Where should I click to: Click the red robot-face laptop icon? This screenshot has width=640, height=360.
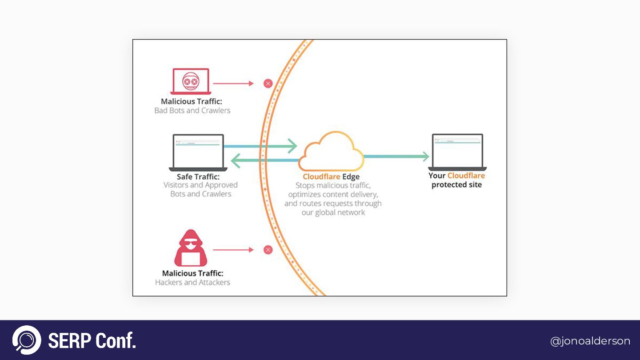point(190,81)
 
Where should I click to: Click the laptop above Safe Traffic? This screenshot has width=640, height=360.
point(198,152)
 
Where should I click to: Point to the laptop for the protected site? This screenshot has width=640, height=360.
point(457,152)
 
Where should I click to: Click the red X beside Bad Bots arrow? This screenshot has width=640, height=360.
point(268,83)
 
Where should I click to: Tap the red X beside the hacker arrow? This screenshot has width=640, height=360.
point(268,250)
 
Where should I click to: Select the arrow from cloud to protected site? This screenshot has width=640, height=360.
point(396,156)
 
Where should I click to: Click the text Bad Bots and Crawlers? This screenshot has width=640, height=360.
point(192,111)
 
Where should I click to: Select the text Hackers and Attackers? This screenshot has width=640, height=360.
point(192,282)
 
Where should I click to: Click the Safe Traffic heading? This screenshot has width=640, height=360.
point(199,176)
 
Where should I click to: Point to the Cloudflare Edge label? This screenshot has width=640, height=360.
point(331,177)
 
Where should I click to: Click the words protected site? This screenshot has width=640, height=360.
point(456,185)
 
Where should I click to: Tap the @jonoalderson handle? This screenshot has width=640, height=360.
point(590,341)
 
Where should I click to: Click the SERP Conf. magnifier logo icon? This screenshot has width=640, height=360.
point(27,340)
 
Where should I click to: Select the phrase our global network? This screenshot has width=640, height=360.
point(333,212)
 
